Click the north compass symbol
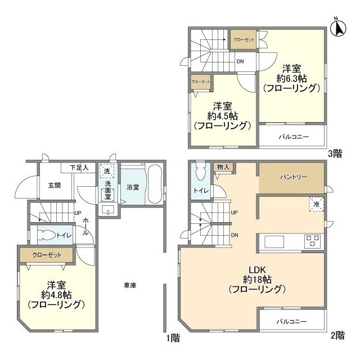340,27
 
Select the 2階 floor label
337,335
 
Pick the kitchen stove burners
312,241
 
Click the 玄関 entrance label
55,186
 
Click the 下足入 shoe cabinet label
79,168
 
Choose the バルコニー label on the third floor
292,137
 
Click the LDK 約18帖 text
258,279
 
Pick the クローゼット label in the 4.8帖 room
47,255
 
